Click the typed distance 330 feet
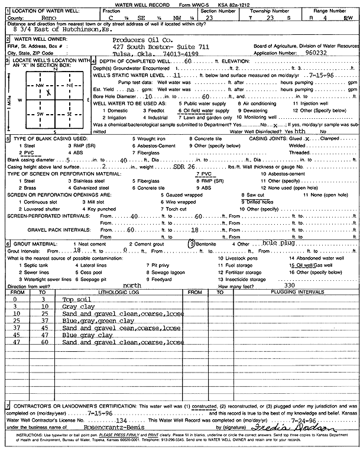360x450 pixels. tap(289, 285)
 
